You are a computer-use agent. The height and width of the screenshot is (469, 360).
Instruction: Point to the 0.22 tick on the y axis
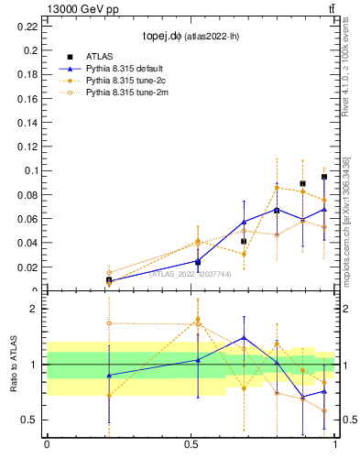[27, 26]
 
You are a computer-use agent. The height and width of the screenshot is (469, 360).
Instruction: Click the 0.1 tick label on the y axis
[30, 170]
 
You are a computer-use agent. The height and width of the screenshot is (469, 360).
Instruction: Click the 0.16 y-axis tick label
[27, 98]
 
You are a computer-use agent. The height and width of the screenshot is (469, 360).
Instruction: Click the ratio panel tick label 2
[33, 309]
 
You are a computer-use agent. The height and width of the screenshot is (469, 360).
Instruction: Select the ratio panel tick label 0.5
[30, 420]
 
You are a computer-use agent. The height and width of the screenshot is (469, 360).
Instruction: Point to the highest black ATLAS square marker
[324, 177]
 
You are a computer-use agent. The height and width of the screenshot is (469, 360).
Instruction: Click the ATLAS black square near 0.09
[302, 184]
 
